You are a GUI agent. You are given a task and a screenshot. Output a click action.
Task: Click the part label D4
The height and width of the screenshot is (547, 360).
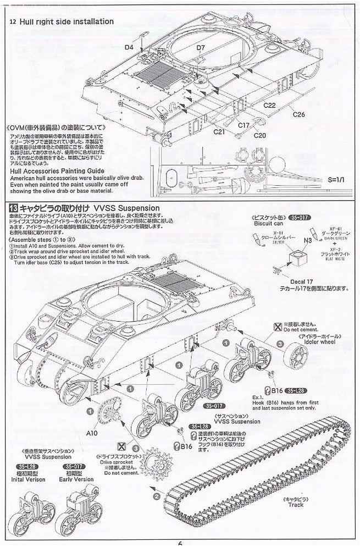(129, 47)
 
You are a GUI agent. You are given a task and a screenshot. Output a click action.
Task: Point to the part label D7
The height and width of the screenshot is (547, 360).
(200, 48)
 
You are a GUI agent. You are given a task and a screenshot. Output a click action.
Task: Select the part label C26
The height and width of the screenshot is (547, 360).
(298, 114)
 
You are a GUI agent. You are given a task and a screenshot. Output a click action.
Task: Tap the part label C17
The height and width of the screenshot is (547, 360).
(244, 125)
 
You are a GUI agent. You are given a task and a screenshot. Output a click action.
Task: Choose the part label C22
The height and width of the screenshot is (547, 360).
(269, 104)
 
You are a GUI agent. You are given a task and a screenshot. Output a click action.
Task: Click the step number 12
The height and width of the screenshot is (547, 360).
(13, 22)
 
